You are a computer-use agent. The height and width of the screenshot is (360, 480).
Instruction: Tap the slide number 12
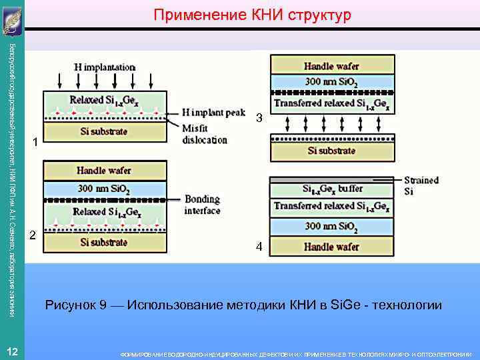click(x=12, y=351)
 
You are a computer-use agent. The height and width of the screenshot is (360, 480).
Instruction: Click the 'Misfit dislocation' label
click(x=205, y=135)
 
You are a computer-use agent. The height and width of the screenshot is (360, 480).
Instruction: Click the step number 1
click(x=37, y=143)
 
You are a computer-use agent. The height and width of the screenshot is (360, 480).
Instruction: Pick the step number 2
click(x=31, y=216)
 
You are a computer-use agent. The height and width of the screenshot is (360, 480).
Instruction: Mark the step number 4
click(x=259, y=248)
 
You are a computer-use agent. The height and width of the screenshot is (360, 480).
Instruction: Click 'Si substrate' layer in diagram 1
click(x=104, y=131)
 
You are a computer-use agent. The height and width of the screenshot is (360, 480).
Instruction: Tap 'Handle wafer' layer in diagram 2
click(x=104, y=171)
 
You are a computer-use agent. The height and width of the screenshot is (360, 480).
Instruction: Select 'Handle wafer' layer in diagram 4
click(x=332, y=247)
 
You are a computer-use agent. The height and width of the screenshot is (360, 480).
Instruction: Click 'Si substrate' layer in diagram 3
click(x=332, y=150)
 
